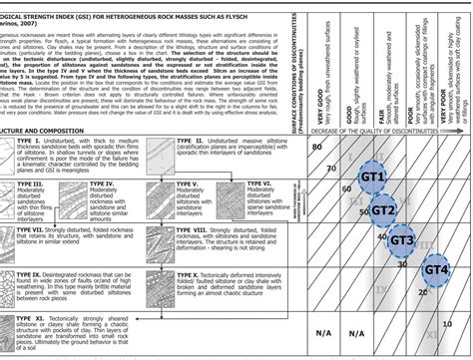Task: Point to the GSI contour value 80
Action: click(x=316, y=147)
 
